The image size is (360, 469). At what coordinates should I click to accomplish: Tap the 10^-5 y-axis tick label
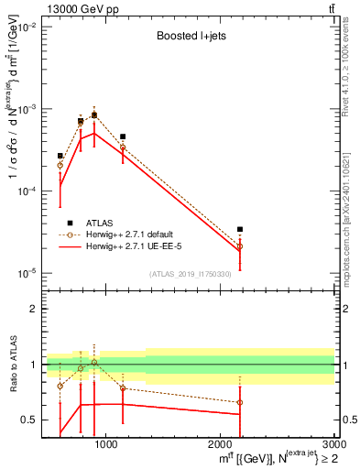click(x=26, y=273)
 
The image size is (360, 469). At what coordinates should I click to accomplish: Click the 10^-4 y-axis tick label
click(x=26, y=191)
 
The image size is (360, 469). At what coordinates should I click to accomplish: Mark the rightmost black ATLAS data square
click(x=240, y=230)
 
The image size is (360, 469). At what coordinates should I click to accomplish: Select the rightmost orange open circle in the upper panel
click(x=240, y=246)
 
